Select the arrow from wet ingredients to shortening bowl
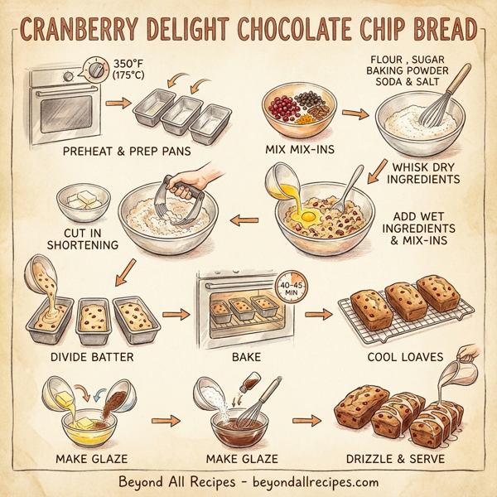pos(244,220)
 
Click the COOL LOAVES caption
pos(406,357)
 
